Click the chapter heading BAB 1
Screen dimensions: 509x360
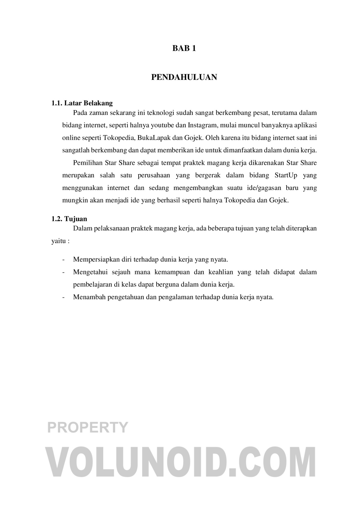pyautogui.click(x=184, y=48)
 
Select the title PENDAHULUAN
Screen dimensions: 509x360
pyautogui.click(x=184, y=77)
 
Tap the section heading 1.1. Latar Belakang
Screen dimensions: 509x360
pyautogui.click(x=82, y=103)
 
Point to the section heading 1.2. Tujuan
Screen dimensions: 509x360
pyautogui.click(x=69, y=219)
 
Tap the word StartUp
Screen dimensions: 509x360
pyautogui.click(x=286, y=175)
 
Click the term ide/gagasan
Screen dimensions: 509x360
pyautogui.click(x=273, y=188)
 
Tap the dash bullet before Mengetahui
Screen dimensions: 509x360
pyautogui.click(x=64, y=272)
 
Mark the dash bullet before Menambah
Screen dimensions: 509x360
pyautogui.click(x=64, y=297)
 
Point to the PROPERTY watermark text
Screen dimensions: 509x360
pyautogui.click(x=88, y=427)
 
